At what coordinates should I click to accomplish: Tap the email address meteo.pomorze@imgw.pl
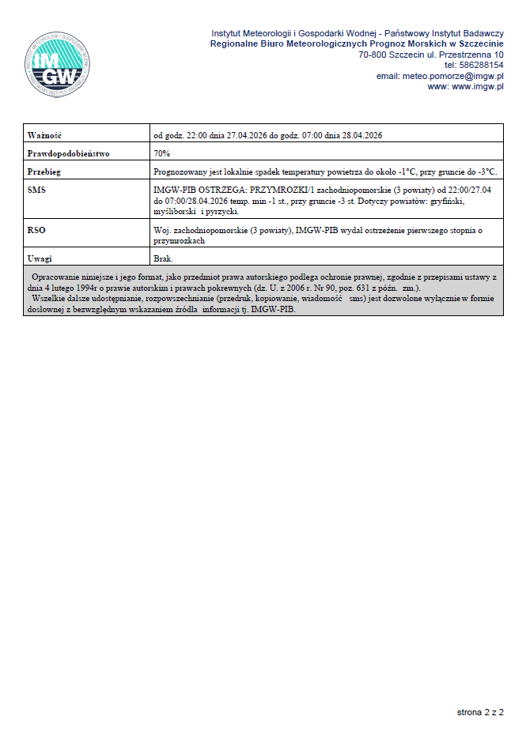tap(464, 76)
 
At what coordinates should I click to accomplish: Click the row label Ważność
tap(44, 135)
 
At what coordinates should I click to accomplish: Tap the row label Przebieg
tap(44, 171)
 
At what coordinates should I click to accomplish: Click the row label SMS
tap(36, 190)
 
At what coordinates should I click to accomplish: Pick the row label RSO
tap(36, 230)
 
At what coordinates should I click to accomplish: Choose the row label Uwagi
tap(40, 258)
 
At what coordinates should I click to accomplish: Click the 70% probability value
tap(161, 153)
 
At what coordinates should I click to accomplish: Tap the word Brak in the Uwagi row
tap(163, 258)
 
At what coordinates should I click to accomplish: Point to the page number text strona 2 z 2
tap(480, 712)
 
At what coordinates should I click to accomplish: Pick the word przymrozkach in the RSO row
tap(179, 240)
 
